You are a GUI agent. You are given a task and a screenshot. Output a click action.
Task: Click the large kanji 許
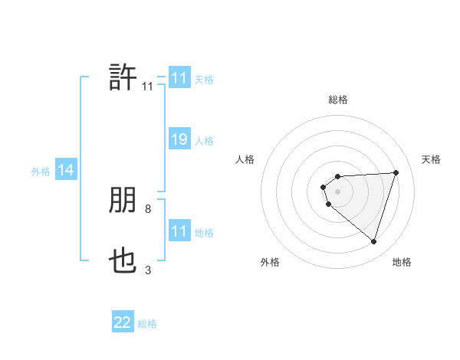tap(123, 77)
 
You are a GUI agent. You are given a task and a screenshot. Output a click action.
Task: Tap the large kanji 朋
tap(123, 201)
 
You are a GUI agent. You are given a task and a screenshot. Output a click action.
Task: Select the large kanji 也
tap(123, 263)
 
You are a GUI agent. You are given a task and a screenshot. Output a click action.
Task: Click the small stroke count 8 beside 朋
tap(148, 208)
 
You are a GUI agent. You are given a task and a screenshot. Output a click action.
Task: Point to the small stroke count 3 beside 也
tap(148, 270)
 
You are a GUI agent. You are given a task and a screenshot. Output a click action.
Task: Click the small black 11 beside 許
tap(147, 86)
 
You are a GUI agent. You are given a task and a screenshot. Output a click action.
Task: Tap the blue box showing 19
tap(179, 139)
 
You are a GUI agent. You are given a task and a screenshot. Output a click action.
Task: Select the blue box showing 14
tap(66, 171)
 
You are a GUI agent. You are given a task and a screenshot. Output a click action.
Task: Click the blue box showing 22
tap(123, 322)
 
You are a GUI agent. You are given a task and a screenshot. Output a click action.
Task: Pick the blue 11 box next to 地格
tap(179, 232)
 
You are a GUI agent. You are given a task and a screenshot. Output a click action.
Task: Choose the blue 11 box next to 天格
tap(179, 78)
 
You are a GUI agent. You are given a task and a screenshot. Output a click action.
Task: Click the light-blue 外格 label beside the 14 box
tap(41, 172)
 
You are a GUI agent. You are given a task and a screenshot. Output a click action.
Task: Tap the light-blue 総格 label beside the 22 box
tap(147, 324)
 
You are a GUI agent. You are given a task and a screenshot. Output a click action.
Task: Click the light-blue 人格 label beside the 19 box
tap(204, 141)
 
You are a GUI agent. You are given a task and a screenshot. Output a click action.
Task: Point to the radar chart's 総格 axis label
tap(338, 100)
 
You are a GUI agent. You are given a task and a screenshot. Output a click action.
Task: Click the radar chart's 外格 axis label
tap(270, 262)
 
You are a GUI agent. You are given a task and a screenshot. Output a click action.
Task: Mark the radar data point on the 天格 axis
tap(396, 172)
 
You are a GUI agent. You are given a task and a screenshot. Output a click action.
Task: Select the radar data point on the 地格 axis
tap(373, 241)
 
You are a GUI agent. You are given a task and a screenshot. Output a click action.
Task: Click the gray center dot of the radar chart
tap(338, 191)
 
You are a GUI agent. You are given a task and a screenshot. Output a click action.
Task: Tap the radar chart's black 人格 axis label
tap(245, 159)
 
